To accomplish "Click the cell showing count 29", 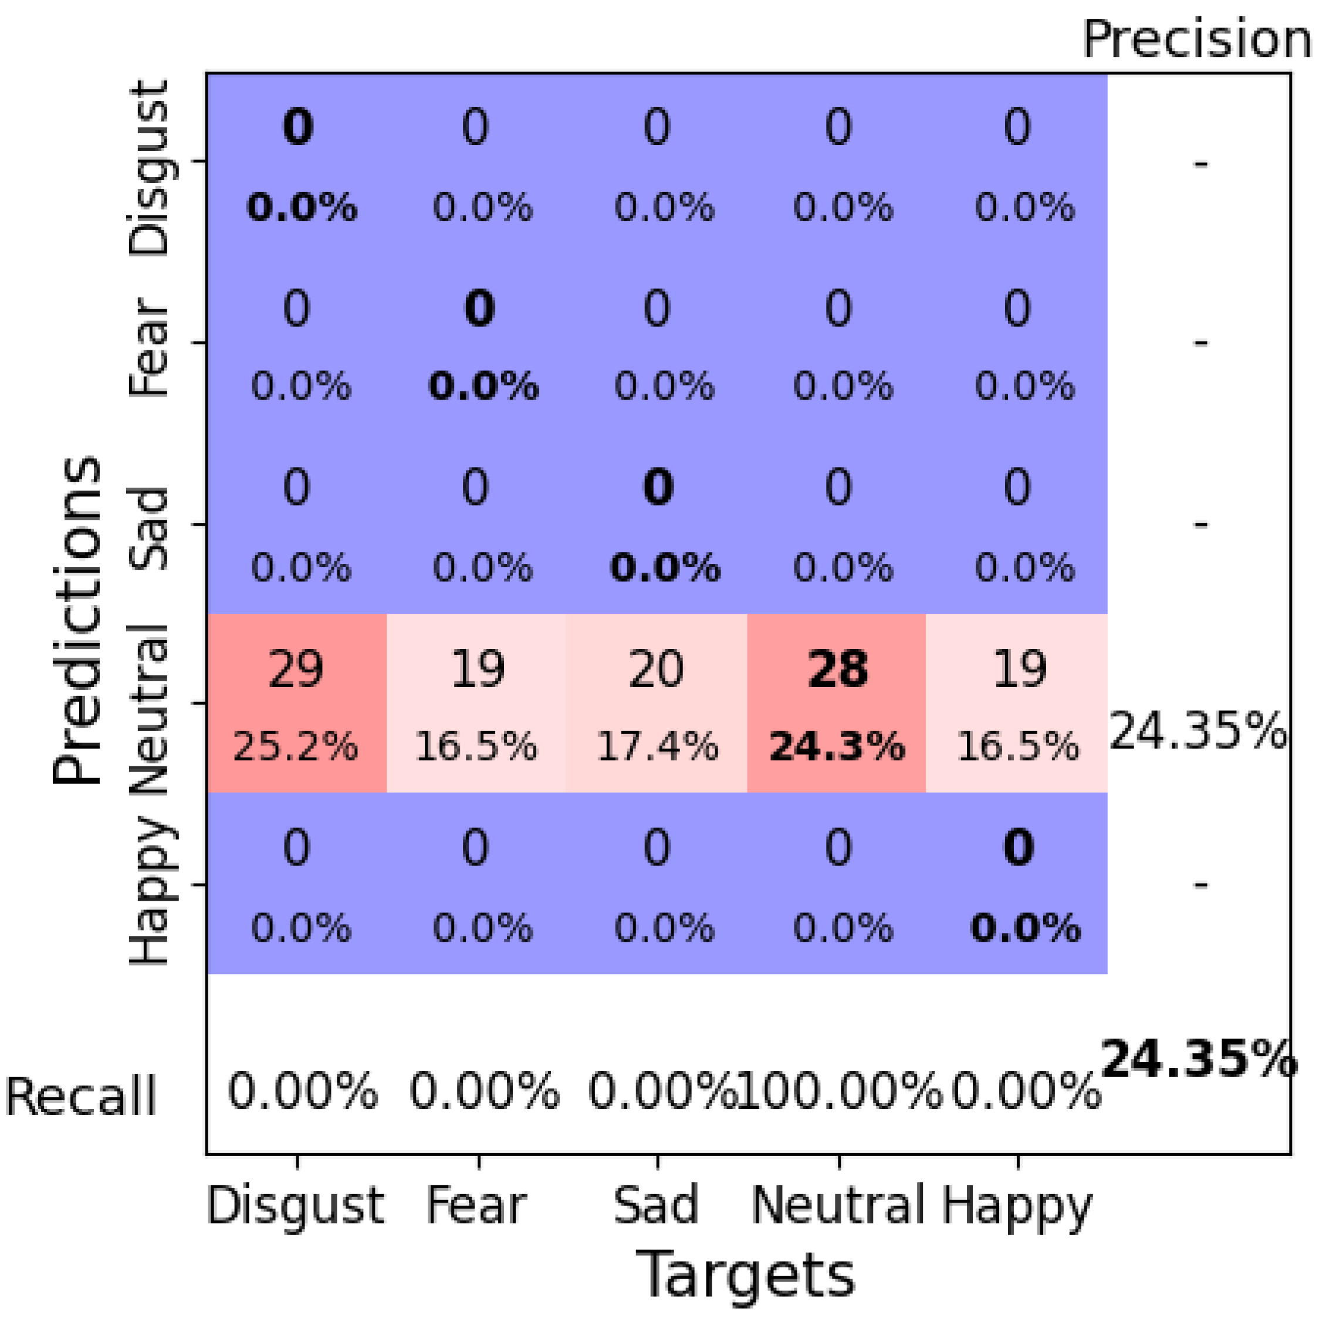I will pos(296,703).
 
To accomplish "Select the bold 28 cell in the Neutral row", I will pos(837,703).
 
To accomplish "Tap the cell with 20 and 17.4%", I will pos(656,703).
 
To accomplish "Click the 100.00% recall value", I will pos(838,1091).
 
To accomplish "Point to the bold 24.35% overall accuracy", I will pos(1198,1060).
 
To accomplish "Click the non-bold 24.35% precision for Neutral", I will pos(1198,732).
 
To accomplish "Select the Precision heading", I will pos(1197,40).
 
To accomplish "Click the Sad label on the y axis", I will pos(148,529).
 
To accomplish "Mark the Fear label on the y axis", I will pos(148,346).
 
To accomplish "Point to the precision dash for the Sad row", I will pos(1200,525).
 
